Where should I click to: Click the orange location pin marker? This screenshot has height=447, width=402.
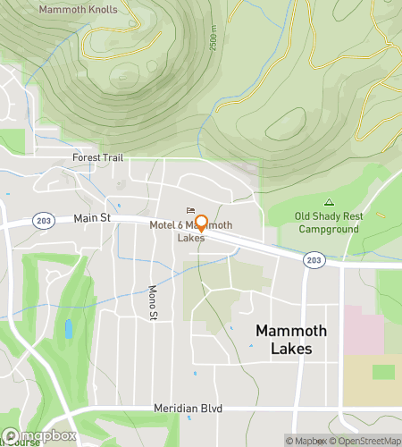[201, 223]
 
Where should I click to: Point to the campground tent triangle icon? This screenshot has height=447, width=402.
[329, 202]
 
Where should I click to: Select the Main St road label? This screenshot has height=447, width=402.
[94, 217]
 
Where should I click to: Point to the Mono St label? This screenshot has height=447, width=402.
[152, 303]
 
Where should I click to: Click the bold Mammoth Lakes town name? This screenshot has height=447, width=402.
[291, 340]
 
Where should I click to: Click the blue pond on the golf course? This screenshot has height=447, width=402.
[69, 329]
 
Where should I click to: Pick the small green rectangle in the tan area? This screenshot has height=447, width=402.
[383, 371]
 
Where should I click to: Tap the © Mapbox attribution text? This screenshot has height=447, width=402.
[306, 440]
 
